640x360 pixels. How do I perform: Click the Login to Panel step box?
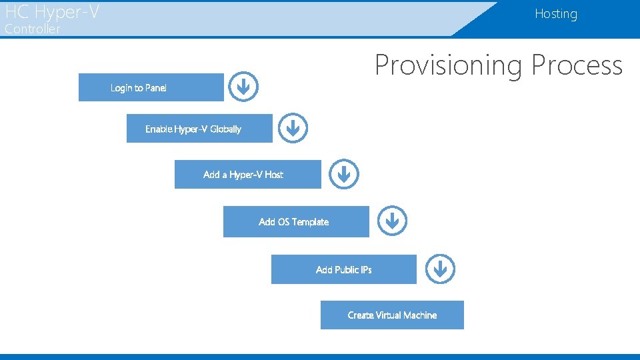click(x=151, y=87)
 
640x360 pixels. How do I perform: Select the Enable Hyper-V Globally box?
click(x=199, y=129)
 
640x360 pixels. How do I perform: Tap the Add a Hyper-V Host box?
click(x=247, y=174)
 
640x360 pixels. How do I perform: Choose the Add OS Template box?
click(x=295, y=221)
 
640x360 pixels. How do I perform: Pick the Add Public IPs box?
click(x=343, y=269)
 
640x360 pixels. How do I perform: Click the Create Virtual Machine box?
click(x=392, y=315)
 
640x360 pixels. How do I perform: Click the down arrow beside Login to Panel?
click(x=244, y=87)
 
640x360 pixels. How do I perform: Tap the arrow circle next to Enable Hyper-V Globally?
click(x=293, y=127)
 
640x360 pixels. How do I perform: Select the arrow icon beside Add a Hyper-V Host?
click(x=344, y=174)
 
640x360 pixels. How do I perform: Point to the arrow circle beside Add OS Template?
click(x=392, y=220)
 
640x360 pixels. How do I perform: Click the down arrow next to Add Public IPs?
click(x=440, y=269)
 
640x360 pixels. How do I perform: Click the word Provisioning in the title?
click(x=449, y=65)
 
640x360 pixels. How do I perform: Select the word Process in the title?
click(x=577, y=65)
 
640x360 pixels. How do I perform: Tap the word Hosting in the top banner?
click(x=555, y=14)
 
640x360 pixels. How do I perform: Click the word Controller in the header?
click(x=32, y=29)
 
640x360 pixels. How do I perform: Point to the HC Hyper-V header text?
click(x=52, y=11)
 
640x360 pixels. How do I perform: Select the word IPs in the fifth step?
click(x=366, y=269)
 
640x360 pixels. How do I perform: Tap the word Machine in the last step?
click(x=420, y=315)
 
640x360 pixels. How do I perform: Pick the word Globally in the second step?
click(x=224, y=129)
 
